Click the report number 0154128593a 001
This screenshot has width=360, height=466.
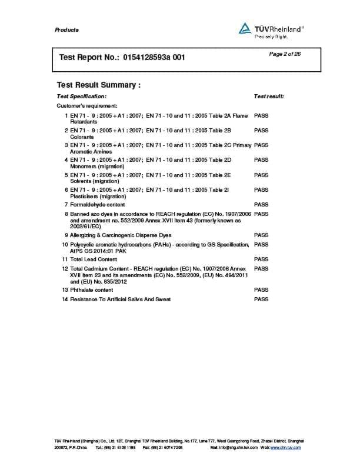(156, 58)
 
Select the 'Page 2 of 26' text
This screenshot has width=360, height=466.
(285, 54)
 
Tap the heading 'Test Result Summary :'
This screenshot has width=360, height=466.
(99, 85)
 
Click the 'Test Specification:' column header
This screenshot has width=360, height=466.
(82, 96)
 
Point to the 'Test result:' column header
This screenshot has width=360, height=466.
(269, 96)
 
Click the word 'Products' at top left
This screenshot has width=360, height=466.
(66, 30)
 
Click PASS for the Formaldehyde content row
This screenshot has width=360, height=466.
(261, 205)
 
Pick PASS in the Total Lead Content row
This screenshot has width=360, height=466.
(261, 259)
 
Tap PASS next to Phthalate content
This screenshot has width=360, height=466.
(261, 290)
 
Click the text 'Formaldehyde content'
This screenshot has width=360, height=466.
(97, 205)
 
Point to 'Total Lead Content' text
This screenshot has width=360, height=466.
(94, 259)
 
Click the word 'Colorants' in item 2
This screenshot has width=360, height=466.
(82, 137)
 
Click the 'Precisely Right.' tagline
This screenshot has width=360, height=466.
(271, 36)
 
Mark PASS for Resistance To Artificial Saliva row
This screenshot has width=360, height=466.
(261, 299)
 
